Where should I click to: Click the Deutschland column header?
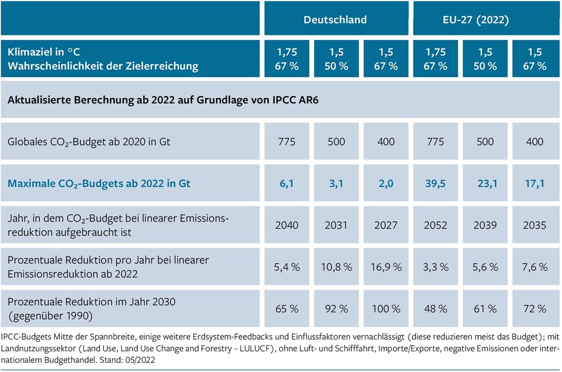[x=335, y=19]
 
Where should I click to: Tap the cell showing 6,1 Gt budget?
[x=287, y=184]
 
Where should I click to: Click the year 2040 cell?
[x=287, y=225]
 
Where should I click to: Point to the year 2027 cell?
[x=386, y=225]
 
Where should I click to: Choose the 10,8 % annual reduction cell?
[x=336, y=266]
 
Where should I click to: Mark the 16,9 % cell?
[x=386, y=266]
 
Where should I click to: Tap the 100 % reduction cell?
[x=386, y=308]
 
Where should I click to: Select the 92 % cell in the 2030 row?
[x=336, y=308]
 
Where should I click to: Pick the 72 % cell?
[x=535, y=308]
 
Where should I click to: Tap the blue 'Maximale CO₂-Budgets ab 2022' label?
[x=99, y=184]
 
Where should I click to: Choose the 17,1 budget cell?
[x=535, y=184]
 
